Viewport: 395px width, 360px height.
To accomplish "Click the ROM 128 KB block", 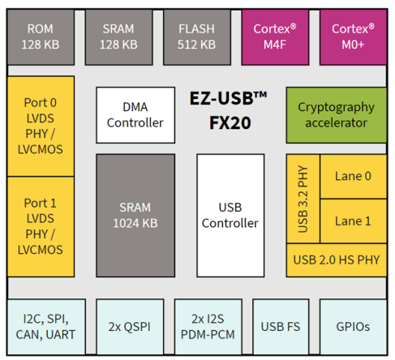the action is [41, 37].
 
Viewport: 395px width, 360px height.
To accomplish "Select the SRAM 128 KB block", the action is [118, 37].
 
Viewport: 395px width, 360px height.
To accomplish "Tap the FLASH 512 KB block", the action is [197, 37].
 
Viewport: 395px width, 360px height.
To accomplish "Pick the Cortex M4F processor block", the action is [275, 37].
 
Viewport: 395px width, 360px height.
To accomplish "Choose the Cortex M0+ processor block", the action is [353, 37].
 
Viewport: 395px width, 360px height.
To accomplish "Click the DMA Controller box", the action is [135, 115].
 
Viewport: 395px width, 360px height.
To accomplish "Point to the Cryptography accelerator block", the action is [337, 115].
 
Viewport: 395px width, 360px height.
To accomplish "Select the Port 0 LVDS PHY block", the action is [41, 126].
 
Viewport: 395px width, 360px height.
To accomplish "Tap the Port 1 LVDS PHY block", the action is [41, 227].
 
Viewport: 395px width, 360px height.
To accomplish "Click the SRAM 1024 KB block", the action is [135, 216].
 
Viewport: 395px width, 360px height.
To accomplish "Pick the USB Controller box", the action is [230, 216].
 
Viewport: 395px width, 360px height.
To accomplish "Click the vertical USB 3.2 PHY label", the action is [303, 199].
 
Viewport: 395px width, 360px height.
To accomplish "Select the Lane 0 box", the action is [353, 177].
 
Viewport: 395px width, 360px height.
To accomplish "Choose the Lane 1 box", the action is [353, 221].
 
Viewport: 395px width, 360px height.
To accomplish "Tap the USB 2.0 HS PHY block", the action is [337, 260].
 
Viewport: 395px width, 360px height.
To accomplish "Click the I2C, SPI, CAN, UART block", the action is [46, 327].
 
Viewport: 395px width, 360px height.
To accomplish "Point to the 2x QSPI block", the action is [130, 327].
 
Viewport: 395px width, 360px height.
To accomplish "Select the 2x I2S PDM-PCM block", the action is [208, 327].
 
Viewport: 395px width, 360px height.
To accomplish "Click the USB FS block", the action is [281, 327].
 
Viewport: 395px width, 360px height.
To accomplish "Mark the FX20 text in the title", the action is [230, 123].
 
